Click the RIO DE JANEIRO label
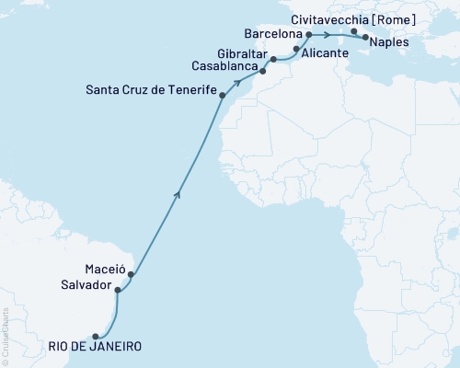click(x=96, y=347)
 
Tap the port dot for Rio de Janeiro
click(x=96, y=337)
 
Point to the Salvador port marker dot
click(x=117, y=290)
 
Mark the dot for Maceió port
click(x=132, y=274)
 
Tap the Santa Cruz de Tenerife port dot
click(x=223, y=95)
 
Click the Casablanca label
click(x=224, y=67)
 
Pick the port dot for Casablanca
click(x=262, y=69)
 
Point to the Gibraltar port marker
click(x=274, y=59)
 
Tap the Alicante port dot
click(x=296, y=49)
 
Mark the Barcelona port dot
click(x=308, y=35)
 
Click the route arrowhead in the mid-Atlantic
click(x=177, y=194)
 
